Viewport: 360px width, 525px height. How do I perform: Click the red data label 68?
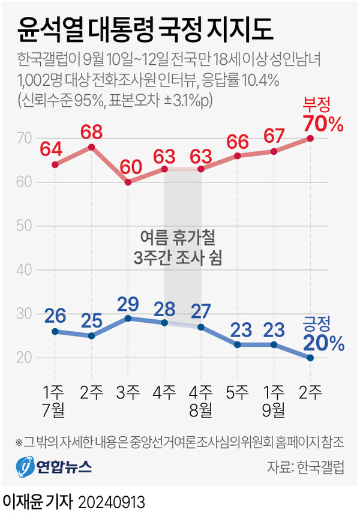[x=91, y=130]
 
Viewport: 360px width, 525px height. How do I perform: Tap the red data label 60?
[x=127, y=166]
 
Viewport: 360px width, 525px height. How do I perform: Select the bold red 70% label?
[x=323, y=124]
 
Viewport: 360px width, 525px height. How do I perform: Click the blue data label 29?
[x=127, y=303]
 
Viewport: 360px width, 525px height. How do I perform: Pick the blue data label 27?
[x=200, y=312]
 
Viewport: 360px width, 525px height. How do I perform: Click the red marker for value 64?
[x=55, y=164]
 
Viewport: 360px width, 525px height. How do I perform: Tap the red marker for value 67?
[x=274, y=151]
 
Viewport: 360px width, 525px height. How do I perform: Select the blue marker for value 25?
[x=91, y=335]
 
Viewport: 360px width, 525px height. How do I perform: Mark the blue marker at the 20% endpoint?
[x=310, y=358]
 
